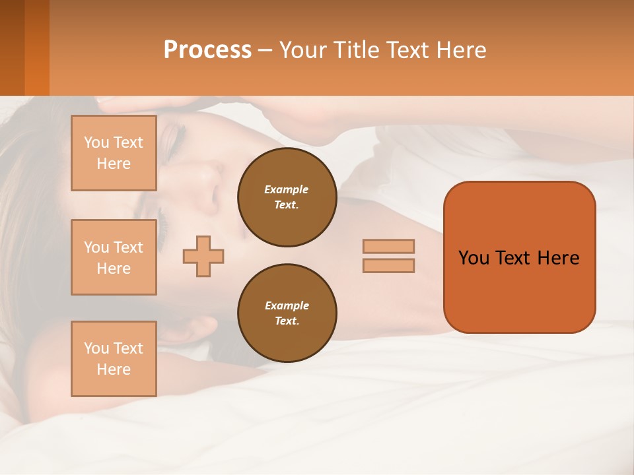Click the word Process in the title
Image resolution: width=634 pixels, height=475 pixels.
[207, 50]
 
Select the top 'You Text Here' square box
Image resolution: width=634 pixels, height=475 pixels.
[114, 153]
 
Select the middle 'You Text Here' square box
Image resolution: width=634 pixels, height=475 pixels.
[114, 257]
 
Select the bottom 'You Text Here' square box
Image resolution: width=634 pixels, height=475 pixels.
[114, 359]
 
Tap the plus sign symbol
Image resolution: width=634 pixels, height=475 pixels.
[203, 256]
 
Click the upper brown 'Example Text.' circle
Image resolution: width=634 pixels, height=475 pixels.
[287, 197]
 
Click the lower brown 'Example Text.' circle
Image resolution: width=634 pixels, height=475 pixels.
[287, 313]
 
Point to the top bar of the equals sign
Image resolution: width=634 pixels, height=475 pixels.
[388, 246]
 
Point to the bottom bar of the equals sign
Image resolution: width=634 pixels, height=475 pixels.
[388, 265]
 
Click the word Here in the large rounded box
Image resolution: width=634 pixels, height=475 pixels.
[558, 258]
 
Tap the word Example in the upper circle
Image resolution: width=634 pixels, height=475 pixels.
[287, 189]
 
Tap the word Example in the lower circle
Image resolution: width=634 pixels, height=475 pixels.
[287, 305]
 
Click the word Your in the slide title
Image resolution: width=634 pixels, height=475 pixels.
[304, 50]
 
